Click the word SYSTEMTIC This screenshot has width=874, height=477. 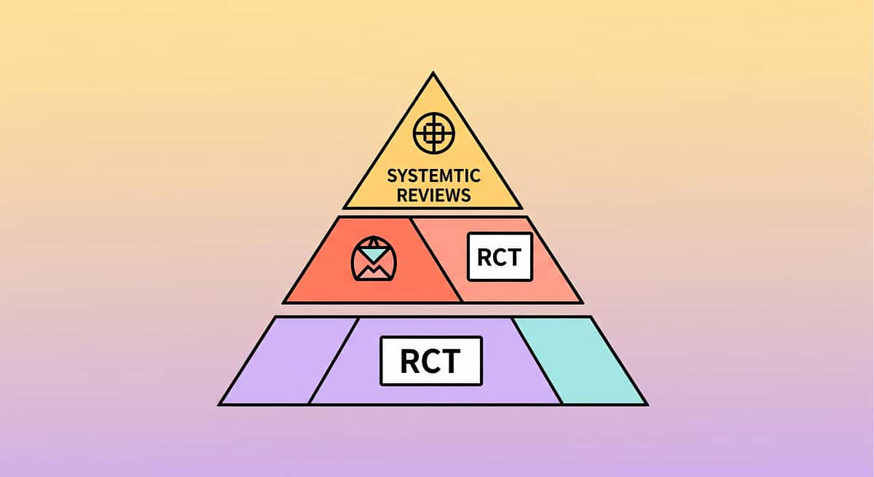(433, 176)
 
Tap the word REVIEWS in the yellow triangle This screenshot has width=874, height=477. (433, 194)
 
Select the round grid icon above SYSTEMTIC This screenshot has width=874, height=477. (433, 133)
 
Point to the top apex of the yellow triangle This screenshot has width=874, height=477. (433, 73)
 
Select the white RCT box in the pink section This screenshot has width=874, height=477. (500, 256)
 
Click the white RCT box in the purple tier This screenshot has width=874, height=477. (430, 360)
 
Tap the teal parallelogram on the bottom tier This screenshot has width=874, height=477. (579, 360)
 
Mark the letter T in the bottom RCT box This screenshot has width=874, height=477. (451, 361)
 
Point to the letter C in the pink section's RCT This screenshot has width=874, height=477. (500, 257)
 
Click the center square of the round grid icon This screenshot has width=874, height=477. (433, 133)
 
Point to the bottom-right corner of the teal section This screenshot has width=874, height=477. (645, 403)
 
